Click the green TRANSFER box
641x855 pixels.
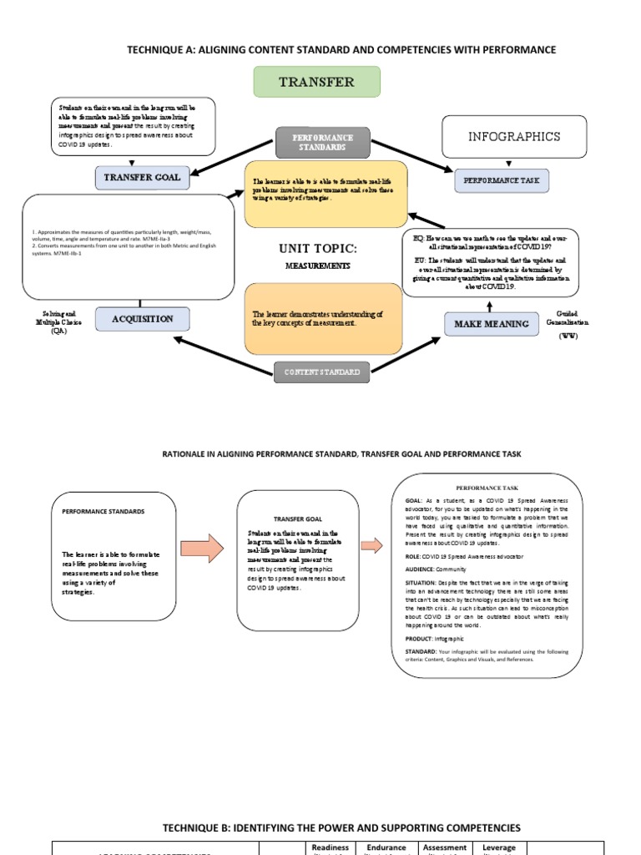316,82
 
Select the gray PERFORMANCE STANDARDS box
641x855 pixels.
322,142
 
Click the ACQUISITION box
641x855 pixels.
142,319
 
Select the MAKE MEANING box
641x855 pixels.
491,323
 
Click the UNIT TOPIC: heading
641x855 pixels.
317,249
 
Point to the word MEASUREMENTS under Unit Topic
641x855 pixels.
317,266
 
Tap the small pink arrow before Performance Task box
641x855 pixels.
371,544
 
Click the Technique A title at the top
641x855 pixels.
341,50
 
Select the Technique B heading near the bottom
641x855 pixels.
341,827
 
